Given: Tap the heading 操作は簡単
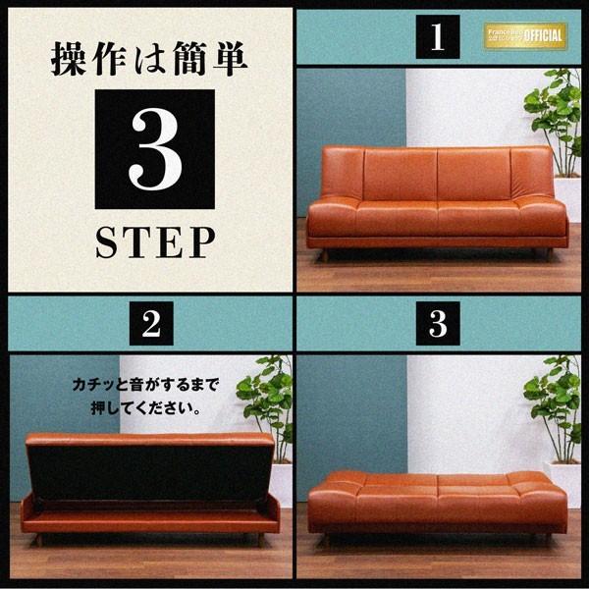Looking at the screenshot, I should coord(149,57).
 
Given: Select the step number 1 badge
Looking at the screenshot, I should coord(438,38).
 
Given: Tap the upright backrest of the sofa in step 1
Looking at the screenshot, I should coord(437,173).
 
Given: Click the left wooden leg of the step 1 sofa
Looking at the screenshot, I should coord(325,255).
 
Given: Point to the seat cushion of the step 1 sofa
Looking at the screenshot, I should coord(437,216).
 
